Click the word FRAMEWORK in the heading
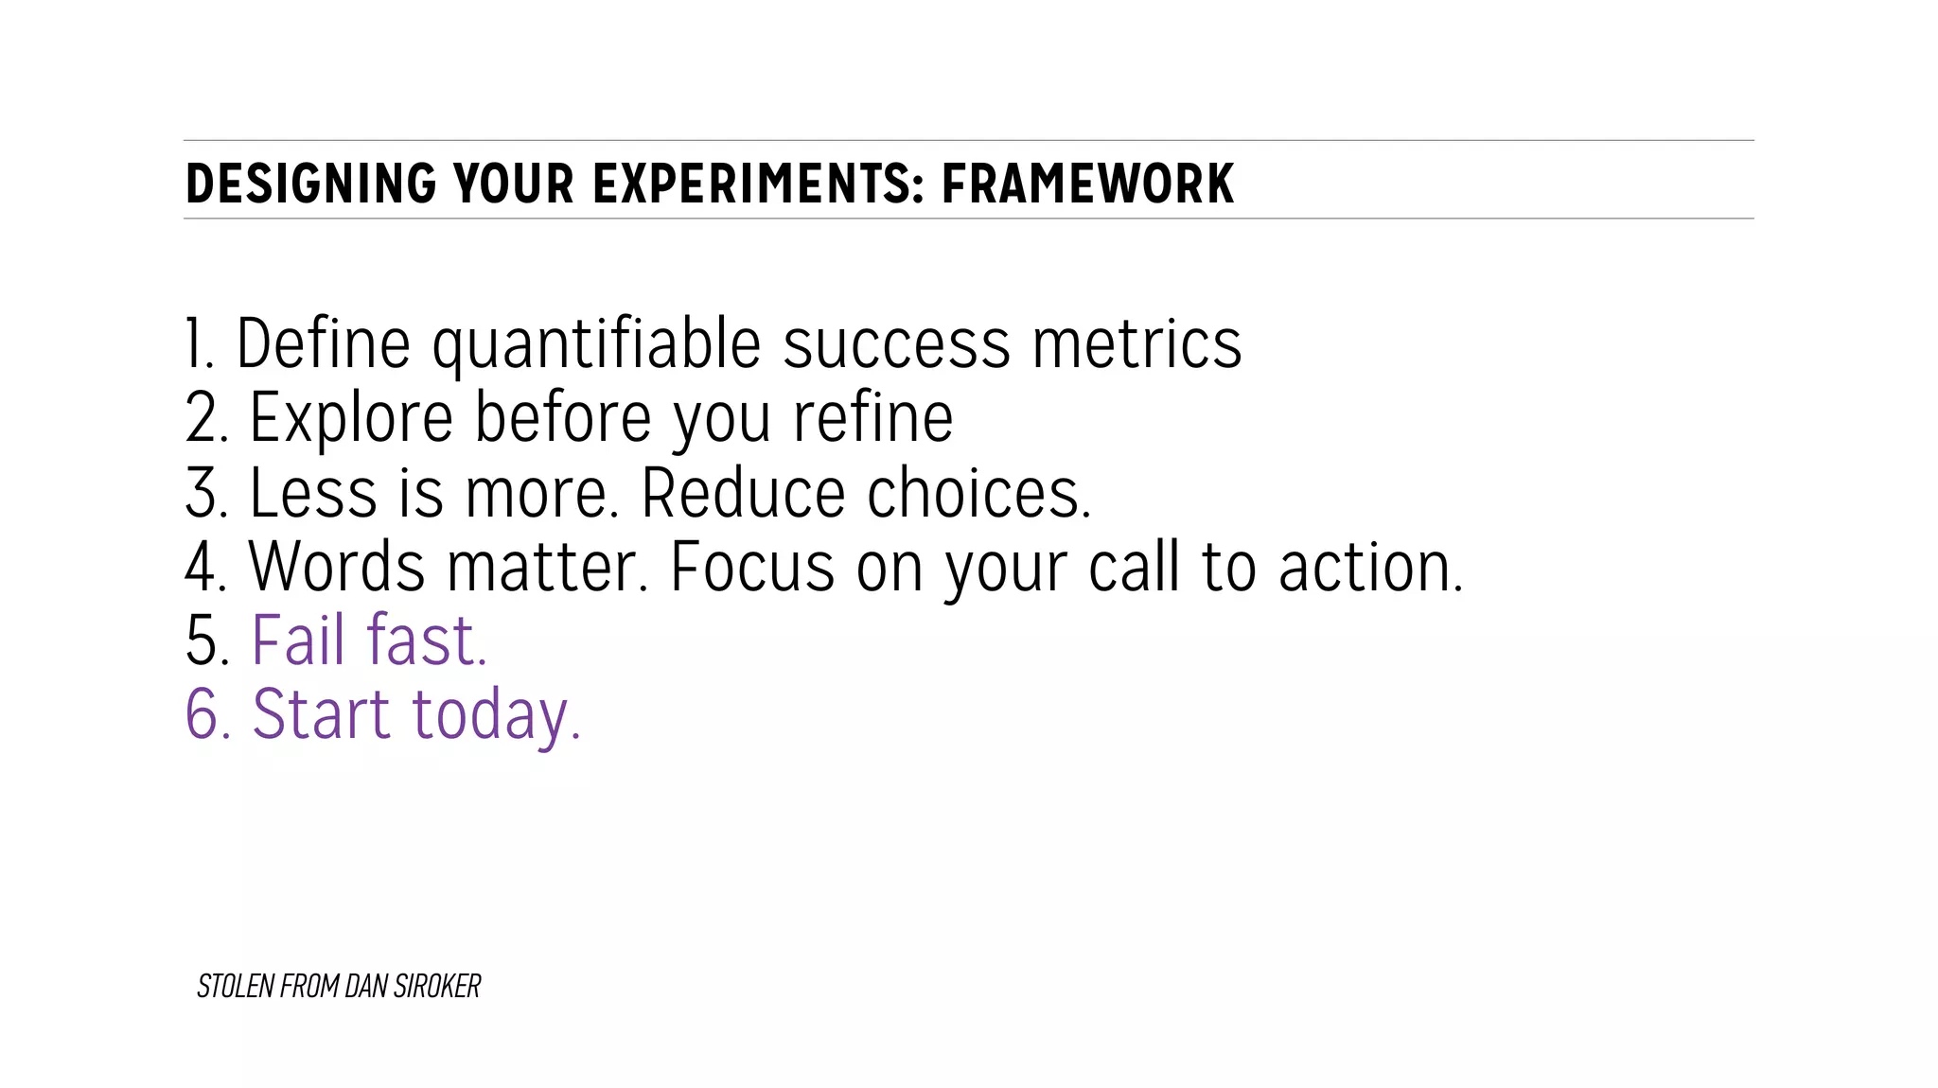click(x=1087, y=184)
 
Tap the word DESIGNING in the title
click(x=310, y=184)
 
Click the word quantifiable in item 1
click(x=596, y=345)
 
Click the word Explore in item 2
click(x=351, y=419)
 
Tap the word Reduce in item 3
click(x=743, y=493)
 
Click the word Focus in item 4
click(x=752, y=567)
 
